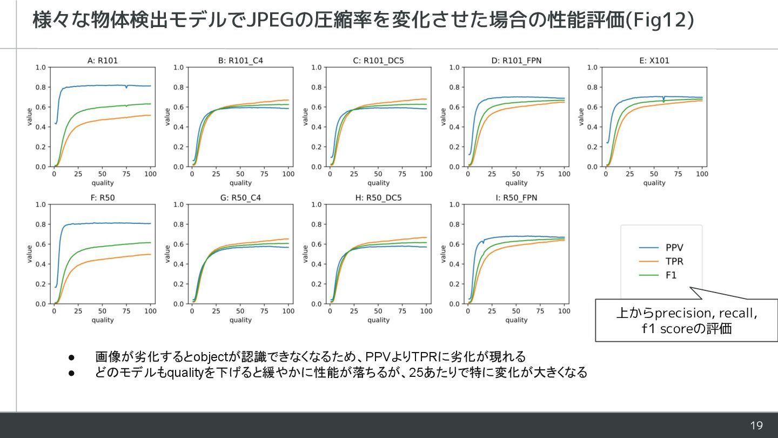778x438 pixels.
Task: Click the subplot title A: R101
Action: [x=102, y=61]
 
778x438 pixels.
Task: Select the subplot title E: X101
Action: [x=654, y=61]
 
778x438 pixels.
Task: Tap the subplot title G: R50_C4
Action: [x=240, y=198]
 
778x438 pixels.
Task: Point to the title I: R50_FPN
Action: [x=517, y=198]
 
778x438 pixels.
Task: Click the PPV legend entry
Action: [x=674, y=248]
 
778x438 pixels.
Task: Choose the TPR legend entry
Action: [x=674, y=261]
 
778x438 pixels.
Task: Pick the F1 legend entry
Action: [x=671, y=275]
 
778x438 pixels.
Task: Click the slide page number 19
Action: [x=756, y=426]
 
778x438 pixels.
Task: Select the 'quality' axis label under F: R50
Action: [x=102, y=320]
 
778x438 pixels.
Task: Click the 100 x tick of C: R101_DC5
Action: [x=426, y=174]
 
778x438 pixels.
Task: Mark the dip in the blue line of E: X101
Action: [x=663, y=101]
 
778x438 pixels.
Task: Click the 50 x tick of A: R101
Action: [x=102, y=174]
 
